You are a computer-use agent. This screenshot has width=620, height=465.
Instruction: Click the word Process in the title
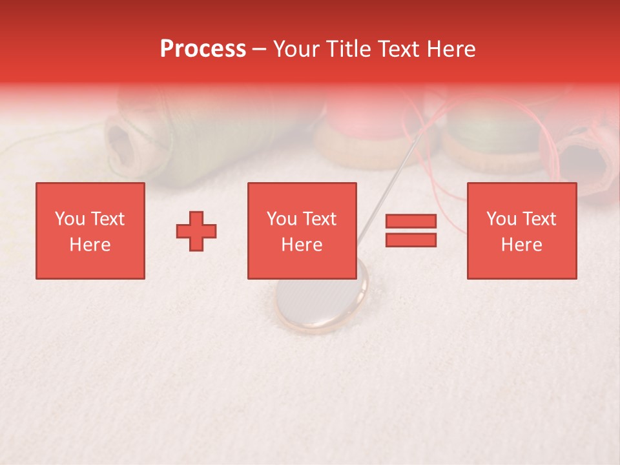coord(203,49)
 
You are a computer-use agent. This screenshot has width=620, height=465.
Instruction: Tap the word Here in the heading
coord(449,49)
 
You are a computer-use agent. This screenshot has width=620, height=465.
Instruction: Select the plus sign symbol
coord(196,231)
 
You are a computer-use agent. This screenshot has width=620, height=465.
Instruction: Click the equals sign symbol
coord(411,231)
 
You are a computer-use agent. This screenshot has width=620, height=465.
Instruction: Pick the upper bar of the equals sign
coord(411,222)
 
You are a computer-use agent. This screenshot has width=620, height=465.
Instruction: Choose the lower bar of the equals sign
coord(411,240)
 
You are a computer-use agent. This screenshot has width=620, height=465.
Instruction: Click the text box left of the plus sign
coord(90,231)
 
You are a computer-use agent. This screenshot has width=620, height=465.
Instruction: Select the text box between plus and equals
coord(302,231)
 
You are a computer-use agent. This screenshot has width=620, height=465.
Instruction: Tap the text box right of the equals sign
coord(521,231)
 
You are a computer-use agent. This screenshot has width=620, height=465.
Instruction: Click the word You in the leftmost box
coord(70,219)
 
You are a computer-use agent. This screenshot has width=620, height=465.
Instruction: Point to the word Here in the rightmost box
coord(521,245)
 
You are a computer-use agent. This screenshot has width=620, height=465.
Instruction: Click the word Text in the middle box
coord(320,219)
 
